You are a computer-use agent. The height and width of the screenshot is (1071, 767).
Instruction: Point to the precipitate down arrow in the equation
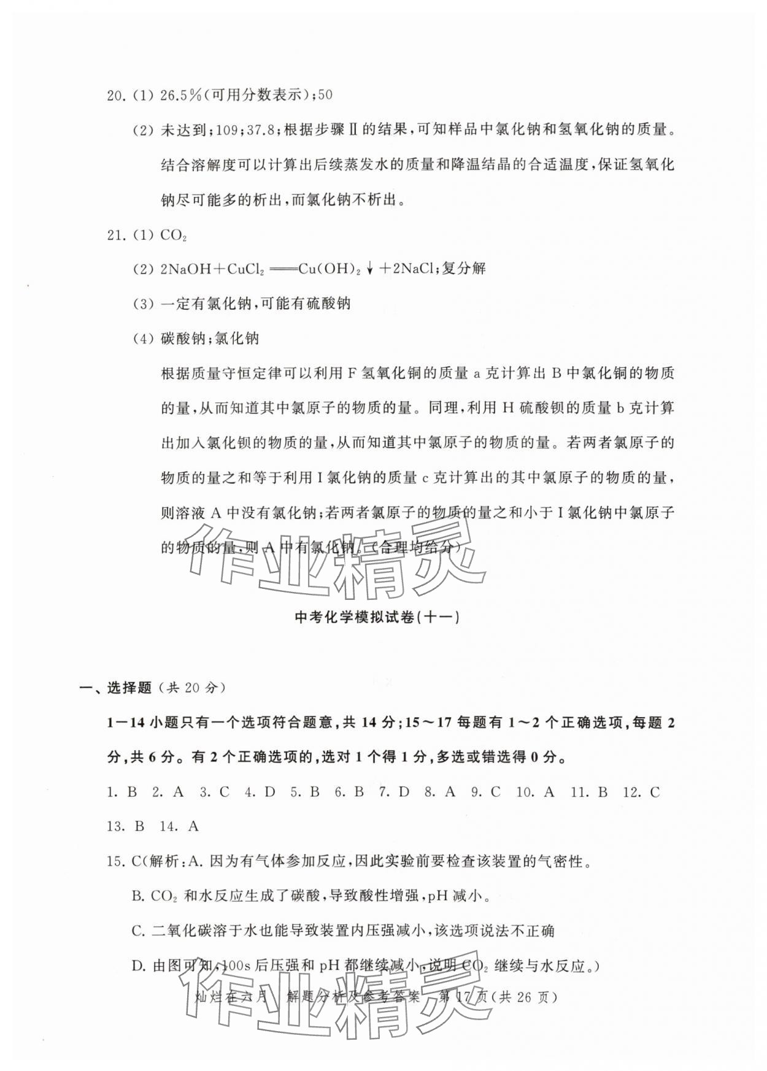[x=370, y=269]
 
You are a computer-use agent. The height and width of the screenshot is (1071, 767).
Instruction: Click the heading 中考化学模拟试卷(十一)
[x=377, y=618]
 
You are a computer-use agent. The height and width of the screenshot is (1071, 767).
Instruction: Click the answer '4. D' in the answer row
[x=260, y=792]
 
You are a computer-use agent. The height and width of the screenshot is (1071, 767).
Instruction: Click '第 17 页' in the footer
[x=464, y=997]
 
